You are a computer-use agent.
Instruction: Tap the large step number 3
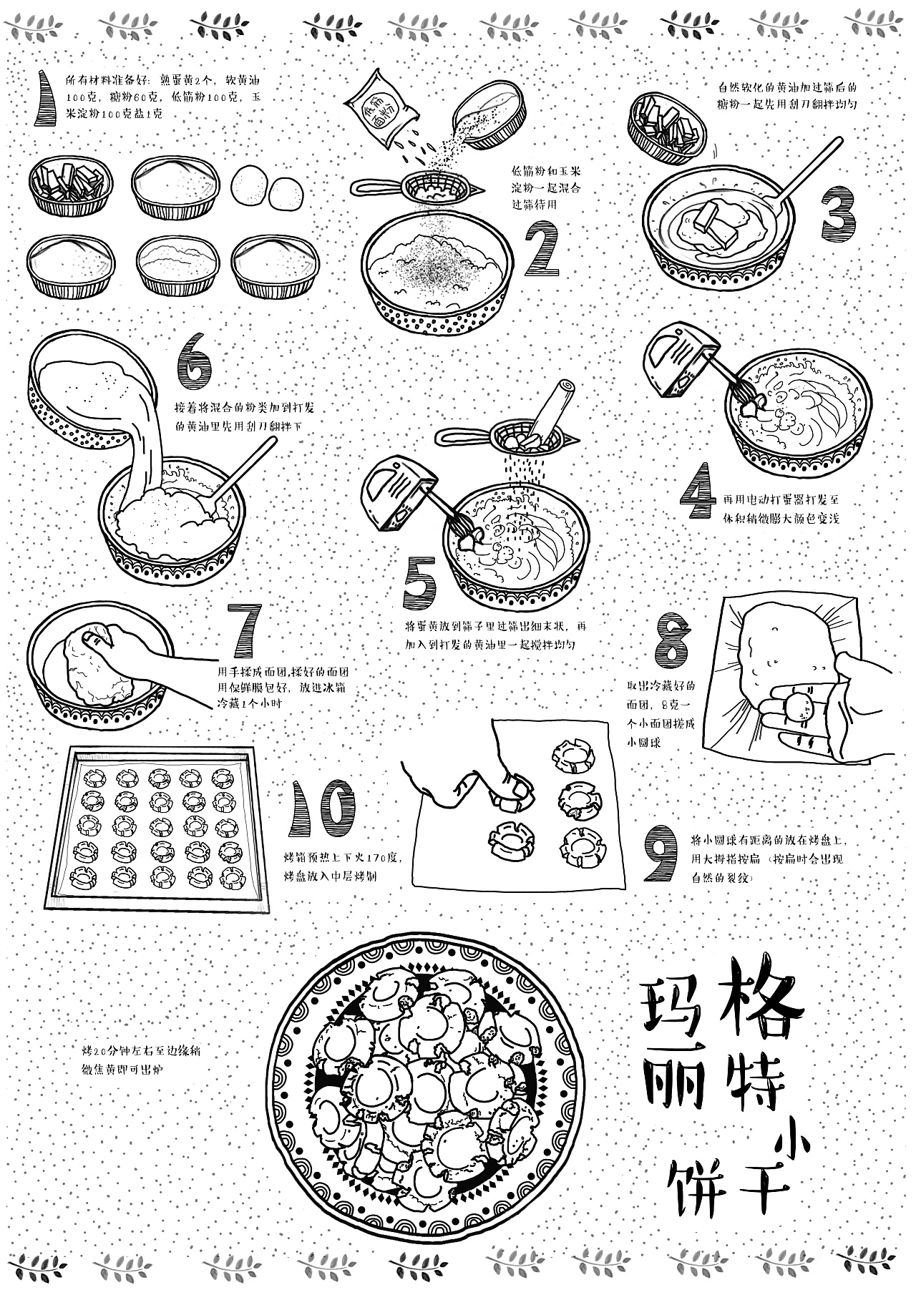point(839,213)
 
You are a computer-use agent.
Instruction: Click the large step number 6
point(194,362)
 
